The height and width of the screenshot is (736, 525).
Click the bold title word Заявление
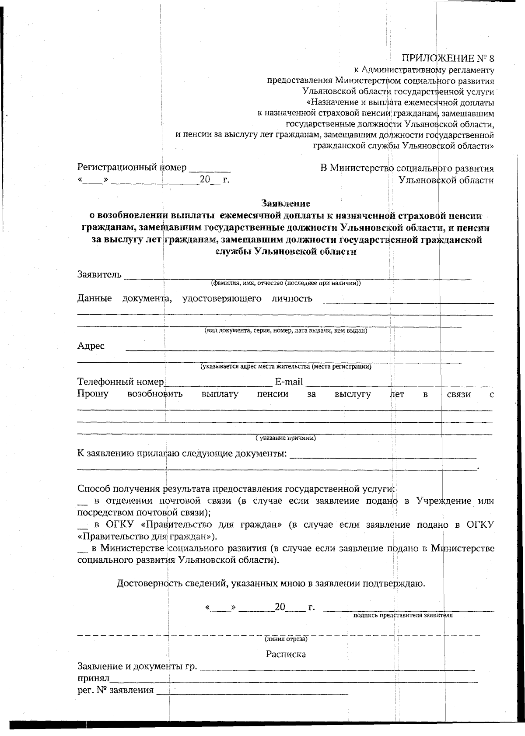pos(286,203)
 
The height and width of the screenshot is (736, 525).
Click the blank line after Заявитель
pos(297,276)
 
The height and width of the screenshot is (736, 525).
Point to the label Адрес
pos(91,346)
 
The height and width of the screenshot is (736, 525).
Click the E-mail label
pos(289,382)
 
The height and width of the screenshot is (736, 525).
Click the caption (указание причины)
pos(286,438)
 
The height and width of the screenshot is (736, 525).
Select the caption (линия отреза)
pos(286,639)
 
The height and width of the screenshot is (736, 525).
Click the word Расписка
pos(286,655)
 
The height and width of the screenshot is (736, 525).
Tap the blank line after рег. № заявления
pos(252,691)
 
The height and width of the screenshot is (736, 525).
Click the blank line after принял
pos(293,680)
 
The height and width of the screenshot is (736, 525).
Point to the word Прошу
pos(93,394)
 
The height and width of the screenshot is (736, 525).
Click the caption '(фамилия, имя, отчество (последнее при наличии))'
pos(286,283)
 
